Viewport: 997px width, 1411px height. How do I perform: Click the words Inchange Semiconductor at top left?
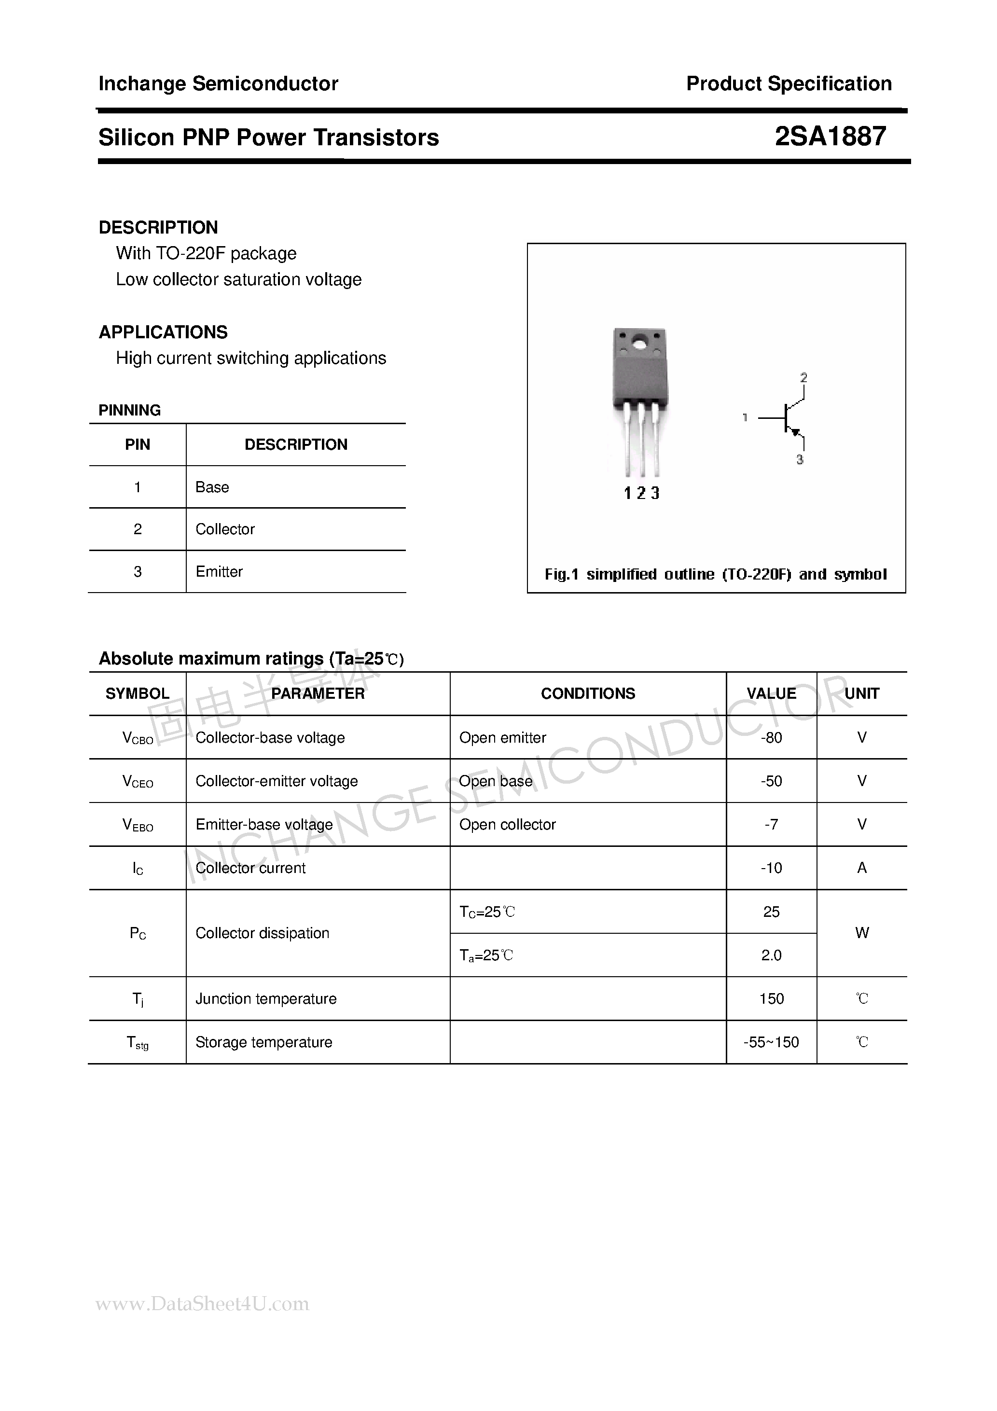[x=218, y=83]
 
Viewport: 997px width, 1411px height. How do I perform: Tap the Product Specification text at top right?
[x=789, y=83]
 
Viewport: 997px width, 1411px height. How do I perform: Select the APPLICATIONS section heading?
[x=163, y=332]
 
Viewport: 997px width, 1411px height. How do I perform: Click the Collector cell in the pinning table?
[x=225, y=529]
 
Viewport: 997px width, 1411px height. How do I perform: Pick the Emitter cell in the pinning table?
[x=219, y=571]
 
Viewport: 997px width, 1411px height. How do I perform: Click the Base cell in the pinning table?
[x=212, y=487]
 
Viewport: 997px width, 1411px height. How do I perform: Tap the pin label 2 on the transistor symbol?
[x=803, y=377]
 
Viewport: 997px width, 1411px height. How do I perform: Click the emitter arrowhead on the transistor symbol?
[x=795, y=433]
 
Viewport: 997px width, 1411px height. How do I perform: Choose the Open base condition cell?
[x=496, y=781]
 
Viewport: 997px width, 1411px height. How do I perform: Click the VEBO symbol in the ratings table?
[x=138, y=825]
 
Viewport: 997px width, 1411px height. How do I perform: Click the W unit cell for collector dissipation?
[x=862, y=933]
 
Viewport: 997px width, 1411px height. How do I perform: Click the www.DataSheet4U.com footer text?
[x=202, y=1303]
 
